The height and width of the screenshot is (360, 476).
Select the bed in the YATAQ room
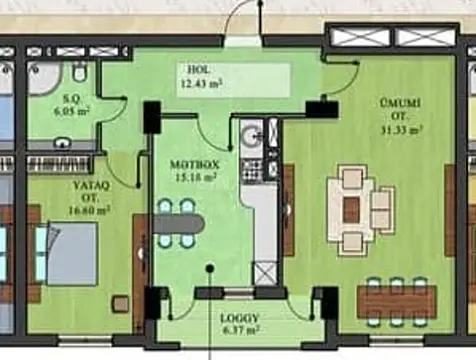(68, 253)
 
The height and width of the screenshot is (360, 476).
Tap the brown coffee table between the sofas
(351, 209)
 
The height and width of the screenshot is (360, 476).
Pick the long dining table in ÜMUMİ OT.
(397, 300)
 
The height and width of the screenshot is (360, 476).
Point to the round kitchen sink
(251, 137)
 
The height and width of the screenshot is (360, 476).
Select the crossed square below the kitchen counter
(265, 271)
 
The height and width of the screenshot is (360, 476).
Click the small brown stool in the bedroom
(120, 303)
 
